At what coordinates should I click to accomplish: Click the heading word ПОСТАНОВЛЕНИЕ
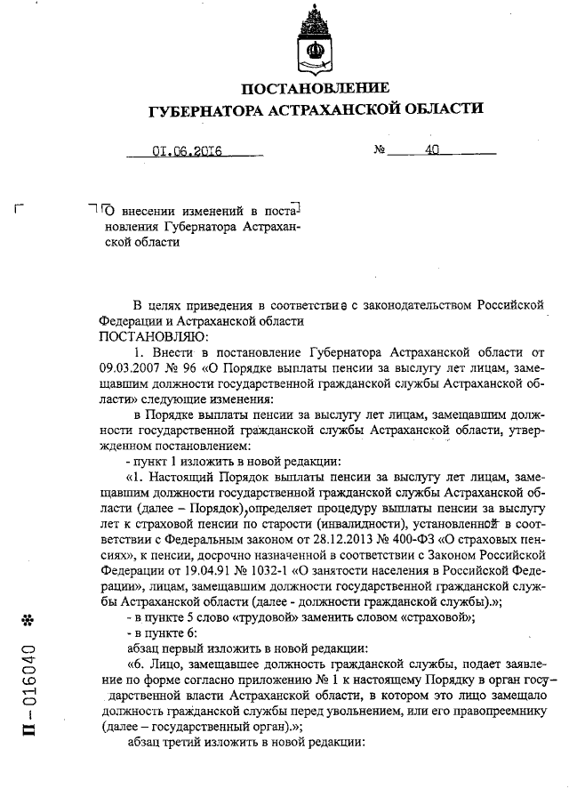pos(316,88)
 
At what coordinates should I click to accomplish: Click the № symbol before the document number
pos(379,150)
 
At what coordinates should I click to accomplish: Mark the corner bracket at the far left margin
pos(20,210)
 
